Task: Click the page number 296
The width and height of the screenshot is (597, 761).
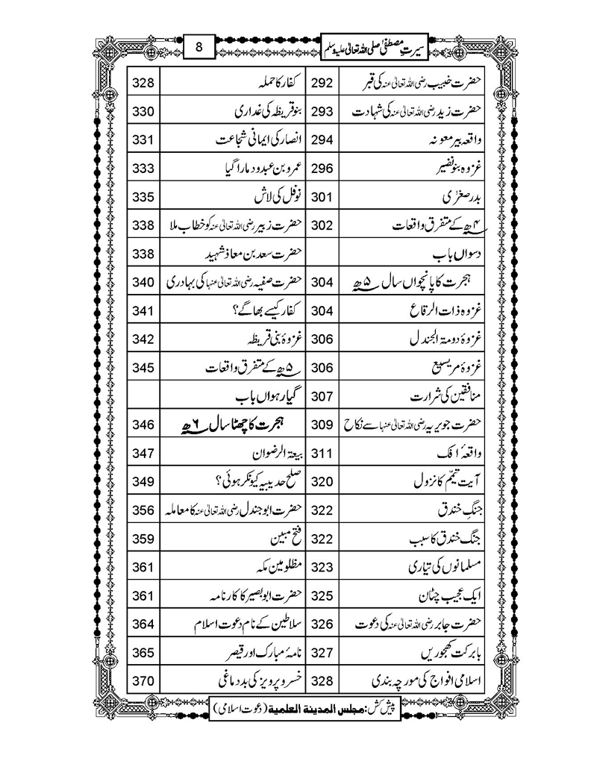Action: click(321, 169)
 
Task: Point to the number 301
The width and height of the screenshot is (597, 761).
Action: click(321, 198)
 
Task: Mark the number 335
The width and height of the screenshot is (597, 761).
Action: click(143, 198)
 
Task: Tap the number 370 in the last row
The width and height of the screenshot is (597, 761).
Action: click(143, 681)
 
